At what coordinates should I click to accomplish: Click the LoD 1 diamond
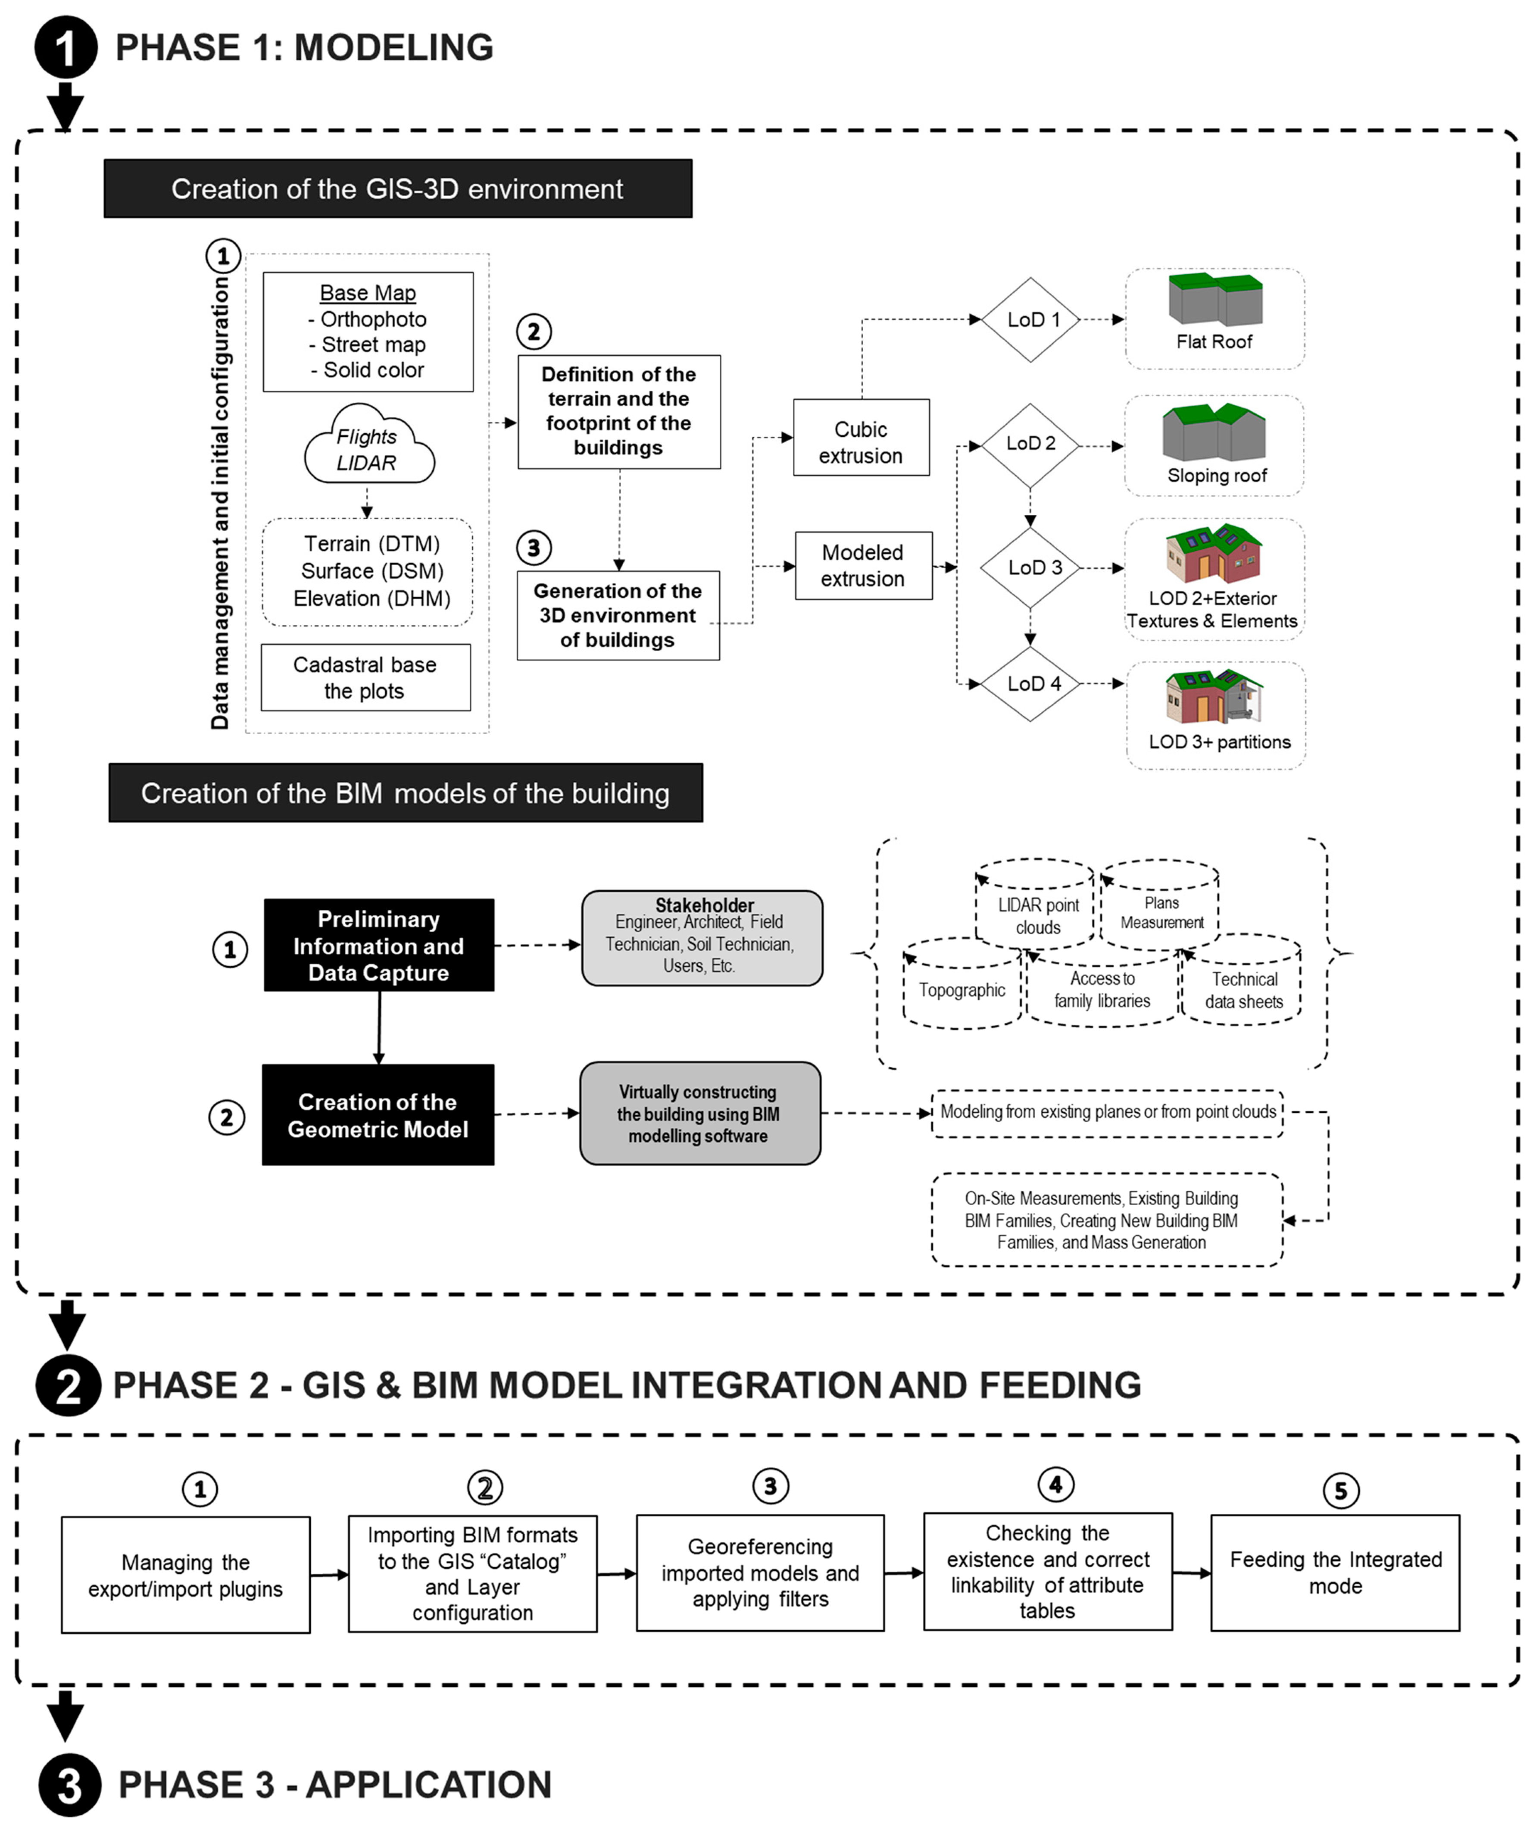click(x=1032, y=319)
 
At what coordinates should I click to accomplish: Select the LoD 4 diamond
click(x=1032, y=684)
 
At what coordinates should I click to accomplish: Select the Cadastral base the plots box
click(x=365, y=678)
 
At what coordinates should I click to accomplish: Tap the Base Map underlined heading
click(x=367, y=293)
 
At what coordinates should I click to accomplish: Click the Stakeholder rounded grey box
click(x=702, y=938)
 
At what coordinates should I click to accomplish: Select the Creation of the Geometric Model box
click(x=378, y=1115)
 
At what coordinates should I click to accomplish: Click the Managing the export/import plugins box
click(x=185, y=1575)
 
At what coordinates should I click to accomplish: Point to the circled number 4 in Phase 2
click(x=1055, y=1484)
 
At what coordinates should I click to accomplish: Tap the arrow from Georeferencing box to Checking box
click(x=904, y=1573)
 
